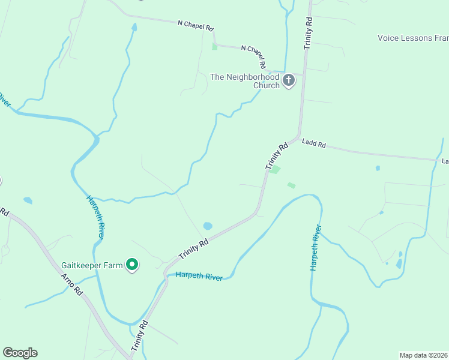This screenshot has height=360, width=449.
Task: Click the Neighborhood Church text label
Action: [245, 81]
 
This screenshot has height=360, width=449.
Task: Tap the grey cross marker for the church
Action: [289, 80]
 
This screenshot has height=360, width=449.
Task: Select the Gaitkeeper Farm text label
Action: [91, 265]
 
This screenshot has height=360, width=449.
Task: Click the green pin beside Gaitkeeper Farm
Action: [132, 264]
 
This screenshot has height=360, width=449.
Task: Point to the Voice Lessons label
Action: [413, 38]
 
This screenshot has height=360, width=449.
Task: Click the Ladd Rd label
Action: [314, 144]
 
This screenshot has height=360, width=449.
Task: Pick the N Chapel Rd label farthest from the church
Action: [196, 25]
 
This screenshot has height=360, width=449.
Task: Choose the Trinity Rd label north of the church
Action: [309, 33]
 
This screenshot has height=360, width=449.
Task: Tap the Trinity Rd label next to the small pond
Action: [194, 249]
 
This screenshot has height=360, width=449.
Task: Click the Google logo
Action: [20, 353]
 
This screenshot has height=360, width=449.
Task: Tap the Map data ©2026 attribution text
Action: [424, 355]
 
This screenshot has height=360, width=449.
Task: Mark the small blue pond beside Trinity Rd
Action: [208, 226]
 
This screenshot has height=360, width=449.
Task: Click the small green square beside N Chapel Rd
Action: [214, 46]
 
